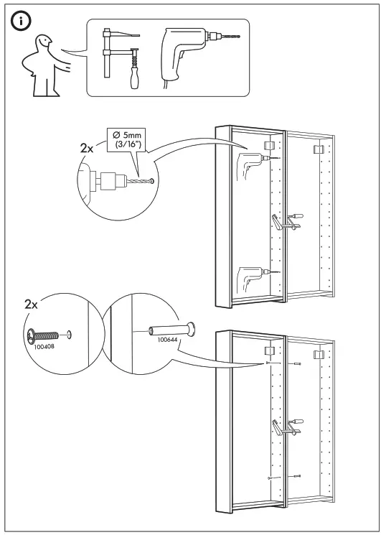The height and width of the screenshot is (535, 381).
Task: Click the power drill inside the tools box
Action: (x=193, y=50)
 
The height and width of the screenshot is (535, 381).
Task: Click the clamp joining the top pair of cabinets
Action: (x=285, y=223)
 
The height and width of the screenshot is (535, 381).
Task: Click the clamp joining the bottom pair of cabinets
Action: (x=285, y=427)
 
